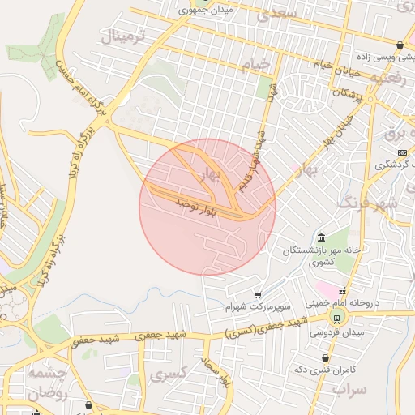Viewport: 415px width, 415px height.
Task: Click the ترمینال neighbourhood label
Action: pyautogui.click(x=122, y=37)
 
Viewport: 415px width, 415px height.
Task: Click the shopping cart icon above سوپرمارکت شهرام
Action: pyautogui.click(x=258, y=294)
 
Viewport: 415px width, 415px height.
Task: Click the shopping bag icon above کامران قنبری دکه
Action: pyautogui.click(x=325, y=357)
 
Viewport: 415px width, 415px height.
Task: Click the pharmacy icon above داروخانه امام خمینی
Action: pyautogui.click(x=343, y=292)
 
